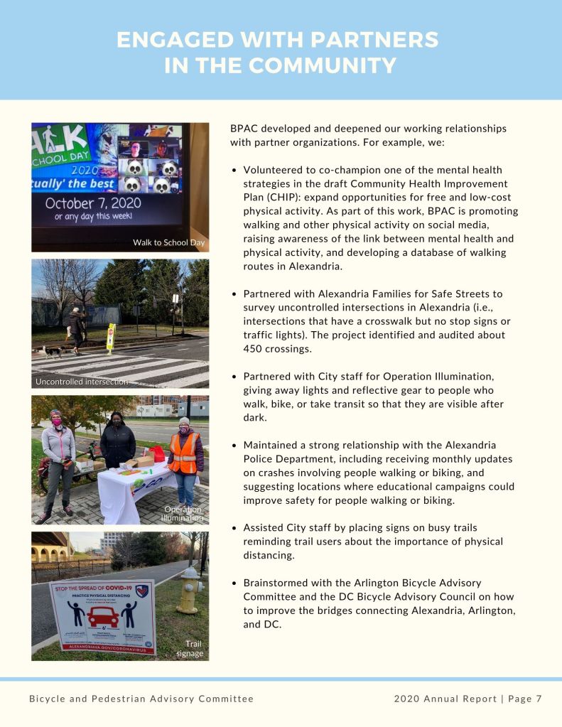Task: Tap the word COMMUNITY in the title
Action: (x=323, y=65)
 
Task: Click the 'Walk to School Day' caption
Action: (x=168, y=243)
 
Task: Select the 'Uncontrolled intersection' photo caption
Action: (x=82, y=382)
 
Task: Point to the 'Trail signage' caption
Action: (x=190, y=648)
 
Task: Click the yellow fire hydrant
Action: (x=190, y=588)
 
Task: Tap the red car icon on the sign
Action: (x=103, y=615)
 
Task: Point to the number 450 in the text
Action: (x=254, y=348)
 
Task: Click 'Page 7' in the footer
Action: (x=525, y=699)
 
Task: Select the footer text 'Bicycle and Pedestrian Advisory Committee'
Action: (x=141, y=699)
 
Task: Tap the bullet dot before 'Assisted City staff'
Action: (x=234, y=528)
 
